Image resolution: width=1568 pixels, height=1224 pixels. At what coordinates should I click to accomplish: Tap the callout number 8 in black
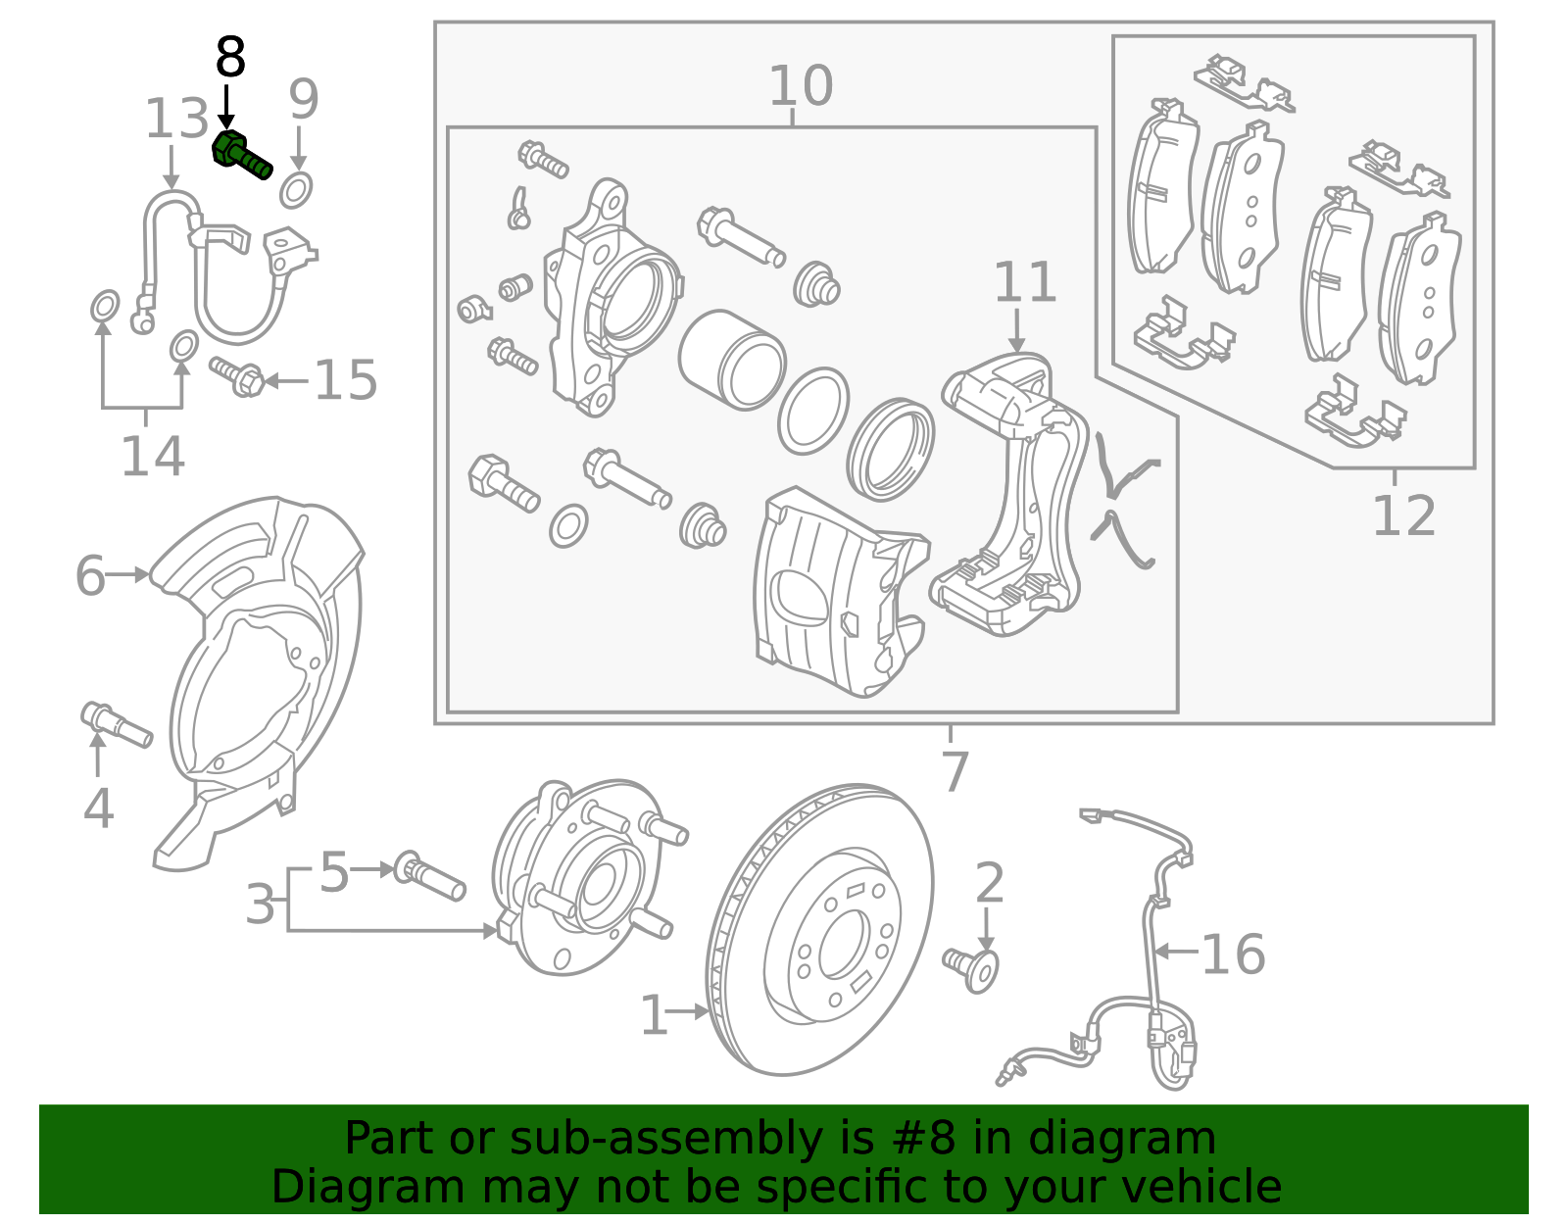tap(230, 59)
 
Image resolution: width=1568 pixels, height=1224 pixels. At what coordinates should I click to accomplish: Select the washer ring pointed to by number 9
tap(296, 189)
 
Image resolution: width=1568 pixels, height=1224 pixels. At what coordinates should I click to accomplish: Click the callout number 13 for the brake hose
tap(176, 120)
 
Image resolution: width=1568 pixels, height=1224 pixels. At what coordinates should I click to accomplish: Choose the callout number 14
tap(152, 457)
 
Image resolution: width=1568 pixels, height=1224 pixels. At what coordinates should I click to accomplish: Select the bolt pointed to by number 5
tap(429, 877)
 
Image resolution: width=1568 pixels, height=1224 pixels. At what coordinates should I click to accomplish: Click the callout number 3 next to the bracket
tap(261, 904)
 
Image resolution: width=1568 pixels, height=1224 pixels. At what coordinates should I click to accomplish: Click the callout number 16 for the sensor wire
tap(1233, 954)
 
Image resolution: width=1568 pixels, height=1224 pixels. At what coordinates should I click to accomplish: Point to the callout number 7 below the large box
tap(954, 771)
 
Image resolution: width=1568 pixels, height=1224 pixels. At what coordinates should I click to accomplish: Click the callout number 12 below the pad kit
tap(1402, 515)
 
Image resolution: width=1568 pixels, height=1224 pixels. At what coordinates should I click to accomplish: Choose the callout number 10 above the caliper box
tap(801, 86)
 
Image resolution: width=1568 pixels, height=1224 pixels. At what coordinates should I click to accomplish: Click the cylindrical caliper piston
tap(731, 360)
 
